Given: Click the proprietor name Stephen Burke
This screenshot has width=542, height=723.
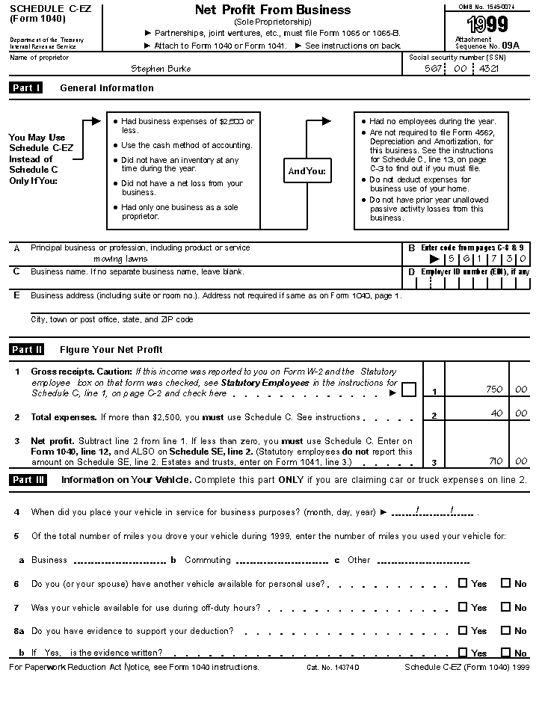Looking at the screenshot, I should [x=160, y=69].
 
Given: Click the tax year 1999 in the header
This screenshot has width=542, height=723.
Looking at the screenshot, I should [x=486, y=25].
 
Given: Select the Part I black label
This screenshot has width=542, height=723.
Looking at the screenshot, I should [x=26, y=88].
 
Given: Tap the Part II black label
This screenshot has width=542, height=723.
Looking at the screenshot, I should [x=27, y=349].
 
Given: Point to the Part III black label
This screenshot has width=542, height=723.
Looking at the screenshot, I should [x=28, y=480].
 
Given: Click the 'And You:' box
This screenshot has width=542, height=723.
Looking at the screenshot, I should [x=307, y=171].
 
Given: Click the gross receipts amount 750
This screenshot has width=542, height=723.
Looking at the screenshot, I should [x=493, y=390].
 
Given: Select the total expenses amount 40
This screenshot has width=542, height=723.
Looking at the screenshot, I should [x=497, y=413].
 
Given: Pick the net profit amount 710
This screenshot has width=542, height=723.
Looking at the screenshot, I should [x=495, y=461].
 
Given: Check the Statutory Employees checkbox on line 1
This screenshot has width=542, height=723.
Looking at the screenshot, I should [x=409, y=390].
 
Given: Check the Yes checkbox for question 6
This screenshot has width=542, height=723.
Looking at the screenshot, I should [x=463, y=583].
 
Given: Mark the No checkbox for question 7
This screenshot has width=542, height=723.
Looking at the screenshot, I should [x=505, y=607].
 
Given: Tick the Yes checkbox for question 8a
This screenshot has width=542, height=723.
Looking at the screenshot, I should [x=463, y=630].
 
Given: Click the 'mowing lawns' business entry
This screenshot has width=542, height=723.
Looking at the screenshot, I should [x=120, y=259].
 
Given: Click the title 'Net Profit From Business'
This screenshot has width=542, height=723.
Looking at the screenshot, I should [x=272, y=10].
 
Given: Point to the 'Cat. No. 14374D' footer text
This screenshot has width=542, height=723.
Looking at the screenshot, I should [x=333, y=667].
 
